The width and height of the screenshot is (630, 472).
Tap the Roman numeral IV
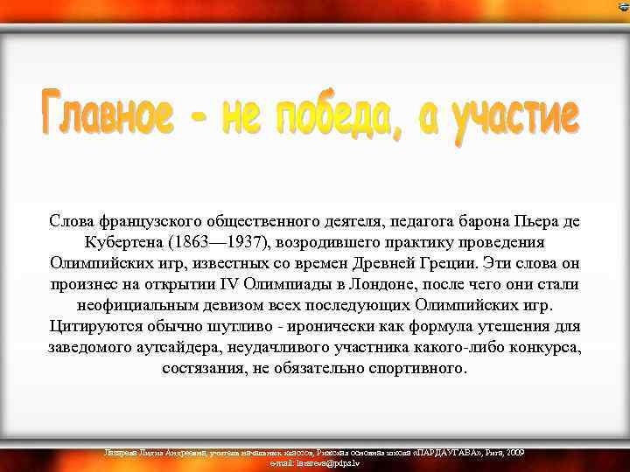click(228, 284)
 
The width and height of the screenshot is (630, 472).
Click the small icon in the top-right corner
click(622, 7)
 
